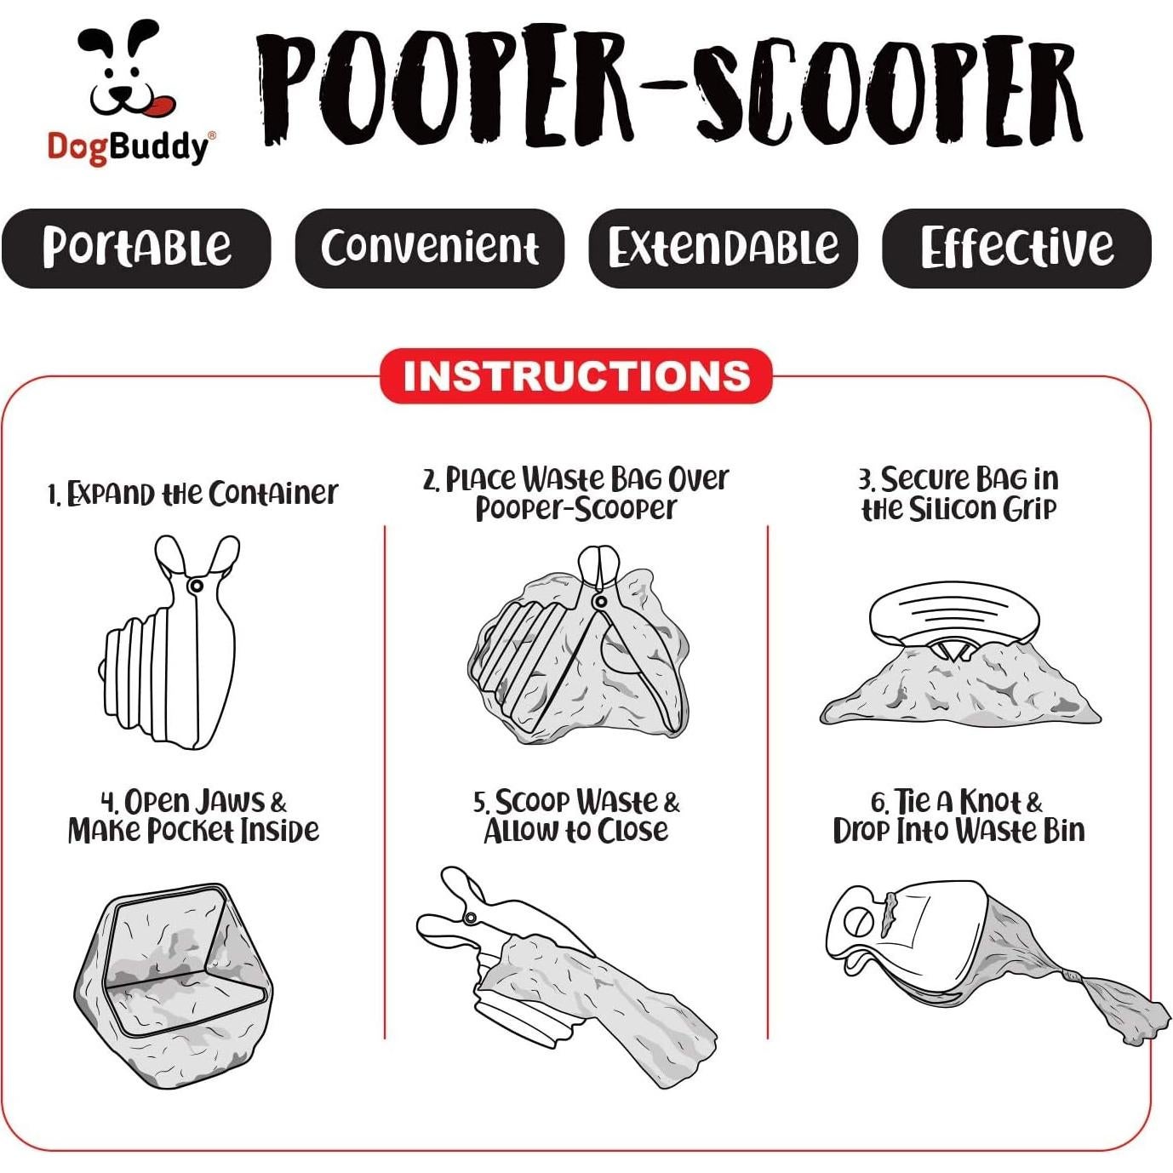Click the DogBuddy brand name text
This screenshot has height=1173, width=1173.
(128, 146)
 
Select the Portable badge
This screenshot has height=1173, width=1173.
(136, 248)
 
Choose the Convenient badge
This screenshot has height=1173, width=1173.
(429, 248)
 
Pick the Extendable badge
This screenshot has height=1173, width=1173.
(723, 248)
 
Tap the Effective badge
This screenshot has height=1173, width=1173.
(1016, 248)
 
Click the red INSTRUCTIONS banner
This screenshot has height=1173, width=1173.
(575, 376)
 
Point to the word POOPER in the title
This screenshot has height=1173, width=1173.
(447, 89)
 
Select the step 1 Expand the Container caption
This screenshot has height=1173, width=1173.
(192, 493)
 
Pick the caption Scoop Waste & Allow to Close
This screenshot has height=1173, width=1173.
(576, 815)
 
